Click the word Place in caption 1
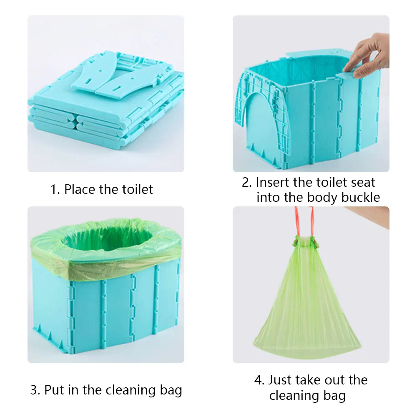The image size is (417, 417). pos(80,189)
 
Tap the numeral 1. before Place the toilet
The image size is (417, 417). pos(55,190)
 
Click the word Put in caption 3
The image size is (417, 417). pos(55,390)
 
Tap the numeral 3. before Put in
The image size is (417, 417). pos(35,391)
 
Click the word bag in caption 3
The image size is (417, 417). pos(170,391)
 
